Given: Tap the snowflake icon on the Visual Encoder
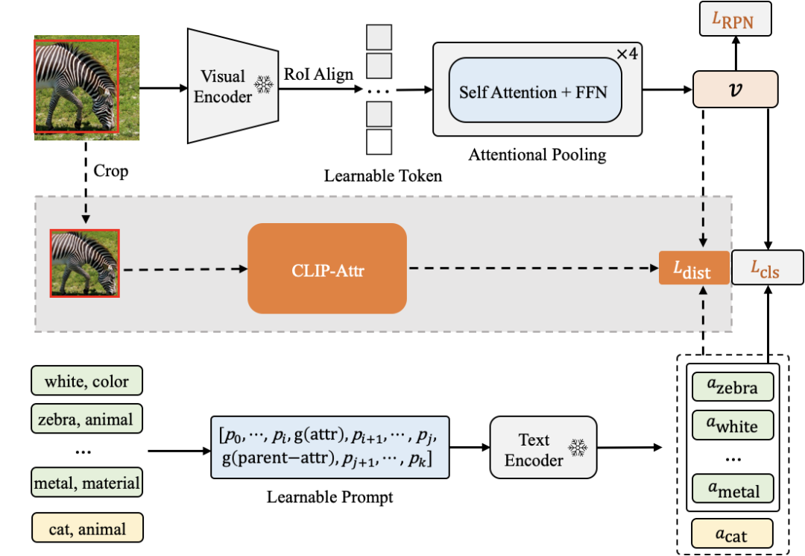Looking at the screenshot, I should (x=263, y=84).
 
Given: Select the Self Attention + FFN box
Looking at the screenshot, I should (x=534, y=93).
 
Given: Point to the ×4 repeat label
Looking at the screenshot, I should (x=627, y=54).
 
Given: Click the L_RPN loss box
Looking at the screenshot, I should (x=735, y=19).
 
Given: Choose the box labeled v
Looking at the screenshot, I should (x=735, y=90).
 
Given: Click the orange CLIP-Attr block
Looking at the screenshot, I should (x=326, y=268).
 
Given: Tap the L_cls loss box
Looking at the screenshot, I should (x=766, y=268).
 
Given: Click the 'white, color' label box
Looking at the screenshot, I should (x=86, y=381).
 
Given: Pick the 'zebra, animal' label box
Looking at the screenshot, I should (x=86, y=419).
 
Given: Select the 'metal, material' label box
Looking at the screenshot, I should (x=86, y=482).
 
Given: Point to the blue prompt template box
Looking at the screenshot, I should (x=329, y=447).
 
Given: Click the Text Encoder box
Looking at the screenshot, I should (x=543, y=448).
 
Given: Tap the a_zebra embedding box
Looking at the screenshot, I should (x=733, y=387).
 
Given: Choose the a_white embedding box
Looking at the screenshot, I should (x=733, y=425).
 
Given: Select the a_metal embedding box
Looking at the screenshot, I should (x=733, y=489).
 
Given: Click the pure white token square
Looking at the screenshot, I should (x=379, y=142).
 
